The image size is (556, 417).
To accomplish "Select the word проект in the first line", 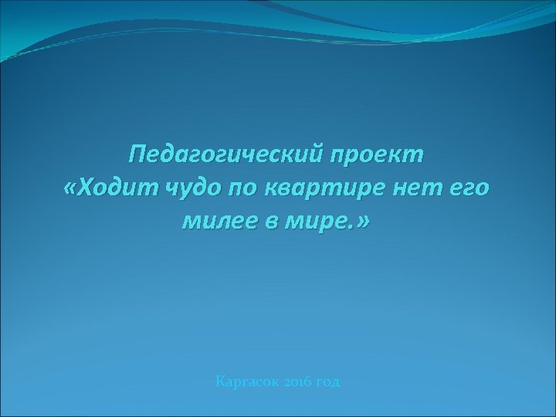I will pyautogui.click(x=378, y=154).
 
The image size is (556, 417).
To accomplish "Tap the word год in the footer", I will pyautogui.click(x=327, y=382).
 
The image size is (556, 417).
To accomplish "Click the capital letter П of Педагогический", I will pyautogui.click(x=138, y=154).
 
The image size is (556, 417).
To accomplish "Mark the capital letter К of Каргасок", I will pyautogui.click(x=221, y=381).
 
